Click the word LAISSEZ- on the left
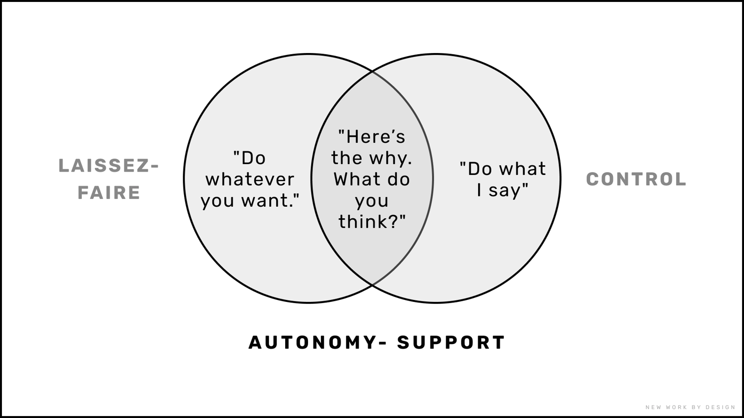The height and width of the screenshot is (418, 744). [x=109, y=166]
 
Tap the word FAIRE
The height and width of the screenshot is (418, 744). [x=109, y=193]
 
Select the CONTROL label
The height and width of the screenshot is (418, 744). [x=636, y=179]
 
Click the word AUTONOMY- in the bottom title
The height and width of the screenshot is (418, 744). [x=313, y=343]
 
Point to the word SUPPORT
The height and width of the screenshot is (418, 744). [x=451, y=343]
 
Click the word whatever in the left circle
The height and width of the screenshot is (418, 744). [x=250, y=179]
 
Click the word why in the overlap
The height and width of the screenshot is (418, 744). [x=392, y=158]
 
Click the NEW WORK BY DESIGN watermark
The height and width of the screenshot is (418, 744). [x=690, y=408]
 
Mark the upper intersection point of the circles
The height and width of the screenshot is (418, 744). [x=372, y=71]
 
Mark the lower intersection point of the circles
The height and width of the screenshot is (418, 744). [x=372, y=285]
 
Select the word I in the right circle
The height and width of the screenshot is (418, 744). [x=479, y=190]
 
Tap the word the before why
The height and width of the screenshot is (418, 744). [x=347, y=158]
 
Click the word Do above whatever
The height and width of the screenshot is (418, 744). [x=253, y=158]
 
